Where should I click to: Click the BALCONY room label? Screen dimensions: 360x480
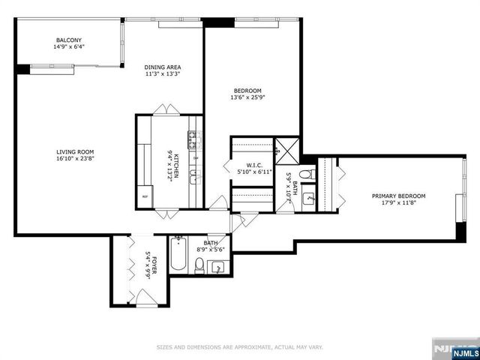point(68,40)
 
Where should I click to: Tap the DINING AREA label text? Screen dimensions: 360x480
point(163,67)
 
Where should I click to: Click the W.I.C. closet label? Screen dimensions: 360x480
point(253,165)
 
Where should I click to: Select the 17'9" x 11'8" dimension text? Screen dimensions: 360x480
point(399,202)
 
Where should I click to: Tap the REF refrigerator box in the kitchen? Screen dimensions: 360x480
point(145,197)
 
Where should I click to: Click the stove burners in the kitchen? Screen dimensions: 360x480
point(193,139)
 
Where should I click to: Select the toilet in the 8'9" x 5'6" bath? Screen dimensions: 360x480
point(199,264)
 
